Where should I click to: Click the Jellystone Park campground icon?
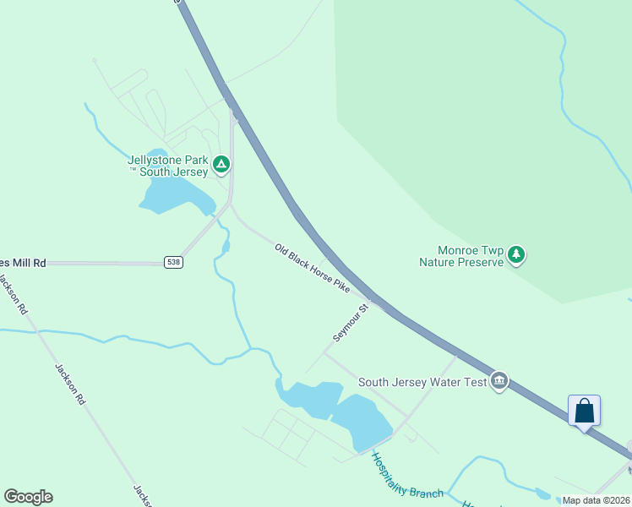point(221,163)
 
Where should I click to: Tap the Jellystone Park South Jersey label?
point(167,166)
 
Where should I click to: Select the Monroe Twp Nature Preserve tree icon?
point(516,254)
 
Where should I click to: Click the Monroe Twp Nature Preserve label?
point(461,256)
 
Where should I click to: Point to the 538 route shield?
point(173,262)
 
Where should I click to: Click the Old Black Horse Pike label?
point(312,269)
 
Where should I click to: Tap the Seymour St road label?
point(351,322)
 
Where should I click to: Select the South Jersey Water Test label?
point(422,382)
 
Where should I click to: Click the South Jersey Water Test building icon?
point(499,382)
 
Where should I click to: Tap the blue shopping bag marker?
point(584,412)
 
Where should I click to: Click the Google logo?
point(28,497)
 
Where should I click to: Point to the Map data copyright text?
point(595,500)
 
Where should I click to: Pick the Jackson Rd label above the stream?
point(14,293)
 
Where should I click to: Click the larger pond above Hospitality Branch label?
point(361,421)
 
